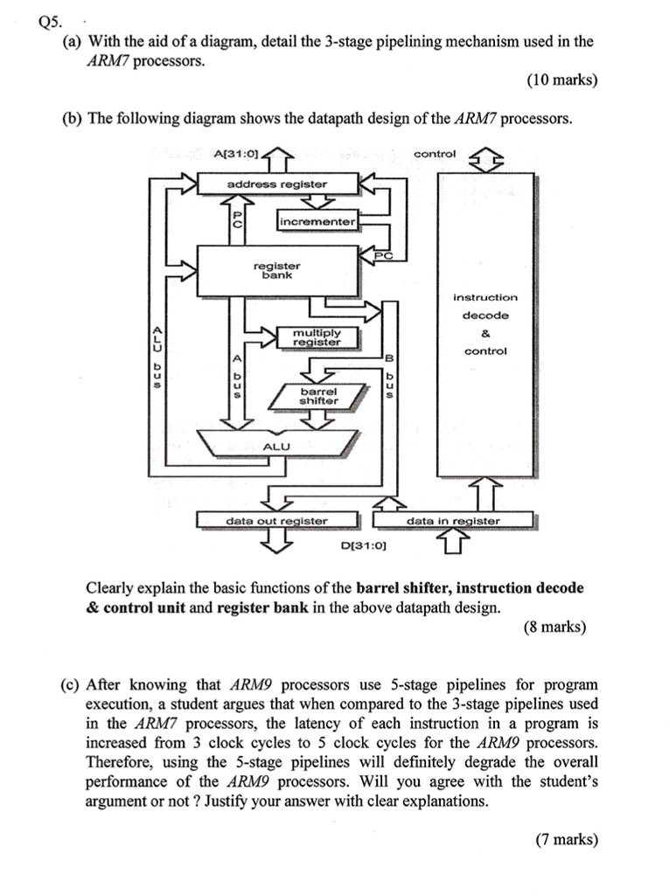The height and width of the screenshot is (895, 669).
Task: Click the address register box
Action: click(x=276, y=184)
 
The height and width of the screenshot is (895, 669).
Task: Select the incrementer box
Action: click(x=317, y=222)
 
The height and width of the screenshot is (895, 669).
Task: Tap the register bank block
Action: click(x=276, y=270)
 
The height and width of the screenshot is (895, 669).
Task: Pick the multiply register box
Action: click(x=317, y=336)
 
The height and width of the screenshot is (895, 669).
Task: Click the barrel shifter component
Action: click(x=319, y=396)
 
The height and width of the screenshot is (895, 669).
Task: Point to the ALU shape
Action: click(x=276, y=446)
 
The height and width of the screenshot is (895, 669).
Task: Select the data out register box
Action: click(x=276, y=521)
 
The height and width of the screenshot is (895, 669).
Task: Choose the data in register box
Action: click(x=453, y=521)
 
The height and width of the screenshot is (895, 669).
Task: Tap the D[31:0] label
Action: click(x=364, y=547)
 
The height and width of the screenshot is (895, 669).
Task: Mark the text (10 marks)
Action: click(x=562, y=80)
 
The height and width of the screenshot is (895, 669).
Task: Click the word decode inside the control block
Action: click(x=485, y=316)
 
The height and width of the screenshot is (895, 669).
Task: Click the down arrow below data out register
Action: click(x=276, y=542)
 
